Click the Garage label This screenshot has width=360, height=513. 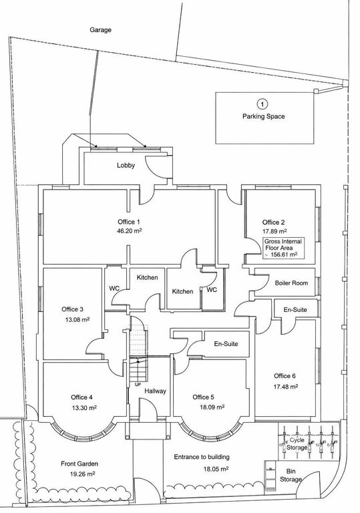[100, 30]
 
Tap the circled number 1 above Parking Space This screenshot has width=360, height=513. [262, 104]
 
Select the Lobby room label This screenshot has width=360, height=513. [126, 166]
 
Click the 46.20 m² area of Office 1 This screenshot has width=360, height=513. [130, 230]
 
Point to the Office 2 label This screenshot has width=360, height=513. [273, 222]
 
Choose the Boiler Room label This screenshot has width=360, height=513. [291, 283]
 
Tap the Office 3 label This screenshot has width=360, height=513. [72, 309]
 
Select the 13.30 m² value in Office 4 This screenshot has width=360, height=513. [84, 407]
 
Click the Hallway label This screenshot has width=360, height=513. [156, 391]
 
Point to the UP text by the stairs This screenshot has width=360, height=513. [138, 385]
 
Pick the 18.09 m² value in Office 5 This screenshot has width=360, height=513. [212, 407]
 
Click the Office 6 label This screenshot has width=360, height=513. [285, 376]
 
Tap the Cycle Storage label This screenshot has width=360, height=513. [297, 444]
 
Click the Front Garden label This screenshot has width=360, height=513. [79, 464]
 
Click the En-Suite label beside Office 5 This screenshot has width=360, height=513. [226, 344]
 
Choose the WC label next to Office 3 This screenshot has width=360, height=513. [114, 289]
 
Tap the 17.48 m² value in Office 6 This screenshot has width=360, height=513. [286, 387]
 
